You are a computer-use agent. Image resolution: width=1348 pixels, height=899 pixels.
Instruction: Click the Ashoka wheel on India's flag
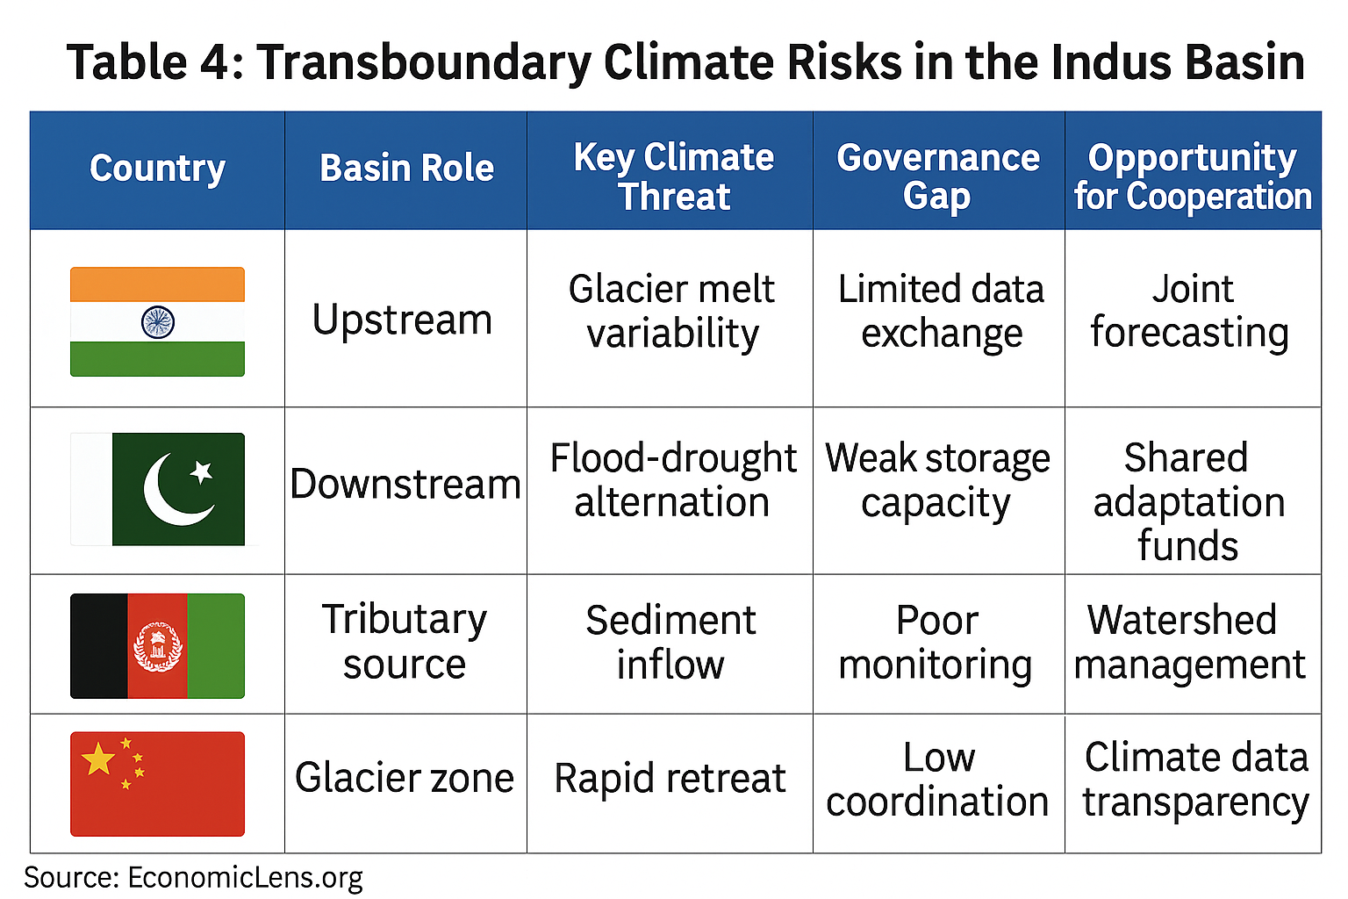(158, 322)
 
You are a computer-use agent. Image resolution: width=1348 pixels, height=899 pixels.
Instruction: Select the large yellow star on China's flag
(98, 759)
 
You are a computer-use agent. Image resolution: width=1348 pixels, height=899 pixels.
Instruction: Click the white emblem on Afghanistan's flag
(157, 647)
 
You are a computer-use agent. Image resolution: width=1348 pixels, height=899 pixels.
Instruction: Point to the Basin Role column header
(406, 169)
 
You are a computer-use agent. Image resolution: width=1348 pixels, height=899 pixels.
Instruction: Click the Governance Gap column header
(937, 176)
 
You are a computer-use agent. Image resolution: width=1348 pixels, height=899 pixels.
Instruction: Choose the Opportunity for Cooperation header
(1192, 176)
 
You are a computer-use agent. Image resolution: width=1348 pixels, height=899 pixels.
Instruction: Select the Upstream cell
(402, 320)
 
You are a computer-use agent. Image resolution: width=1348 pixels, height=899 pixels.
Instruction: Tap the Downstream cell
(405, 484)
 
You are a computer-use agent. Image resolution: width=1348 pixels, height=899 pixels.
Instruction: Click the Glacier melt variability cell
(671, 311)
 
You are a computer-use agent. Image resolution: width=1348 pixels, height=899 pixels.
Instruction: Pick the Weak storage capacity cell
(937, 480)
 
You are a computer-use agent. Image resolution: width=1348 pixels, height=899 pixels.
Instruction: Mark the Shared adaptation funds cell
(1188, 501)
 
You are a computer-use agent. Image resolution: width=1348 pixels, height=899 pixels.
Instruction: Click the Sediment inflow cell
(670, 643)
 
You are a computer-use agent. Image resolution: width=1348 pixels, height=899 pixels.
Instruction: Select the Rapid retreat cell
(670, 779)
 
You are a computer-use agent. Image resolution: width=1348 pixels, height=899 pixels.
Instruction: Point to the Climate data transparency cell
(1195, 780)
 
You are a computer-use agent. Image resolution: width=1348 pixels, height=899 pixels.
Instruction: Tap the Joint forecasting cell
(1191, 311)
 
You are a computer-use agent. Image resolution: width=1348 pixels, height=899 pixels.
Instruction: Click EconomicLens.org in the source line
(245, 877)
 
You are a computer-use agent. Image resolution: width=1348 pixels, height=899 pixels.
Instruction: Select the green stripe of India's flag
(158, 359)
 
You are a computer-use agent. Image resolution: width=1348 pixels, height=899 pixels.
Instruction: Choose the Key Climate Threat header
(673, 176)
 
